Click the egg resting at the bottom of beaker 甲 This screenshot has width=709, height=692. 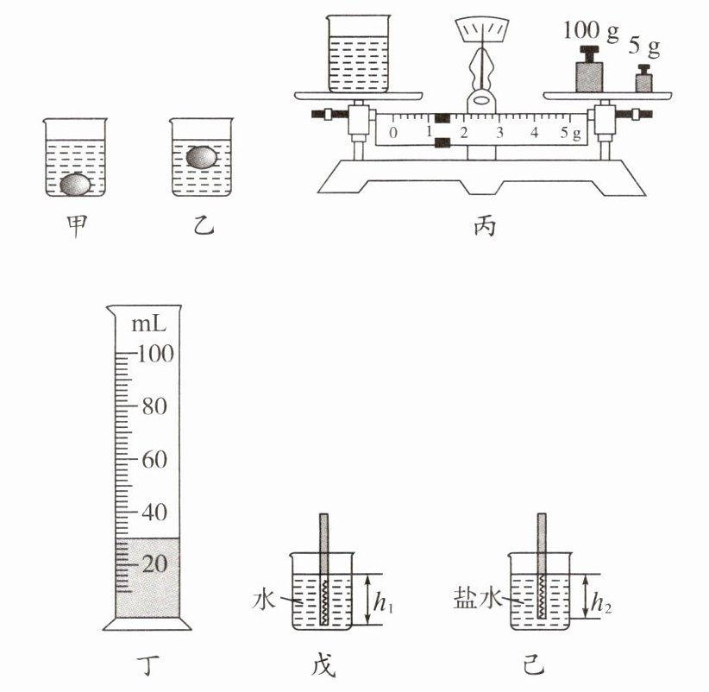pos(76,185)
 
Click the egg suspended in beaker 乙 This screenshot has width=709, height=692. pos(202,157)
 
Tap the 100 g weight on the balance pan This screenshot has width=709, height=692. pos(589,69)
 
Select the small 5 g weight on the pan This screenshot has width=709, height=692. pos(643,79)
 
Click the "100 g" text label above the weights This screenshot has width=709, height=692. pos(591,31)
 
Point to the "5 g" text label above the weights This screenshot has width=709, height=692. pos(644,47)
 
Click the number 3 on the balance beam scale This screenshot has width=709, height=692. pos(499,133)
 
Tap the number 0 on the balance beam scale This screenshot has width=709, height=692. pos(393,133)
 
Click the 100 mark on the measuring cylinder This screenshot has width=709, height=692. pos(155,353)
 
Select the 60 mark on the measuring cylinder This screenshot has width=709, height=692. pos(154,460)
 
